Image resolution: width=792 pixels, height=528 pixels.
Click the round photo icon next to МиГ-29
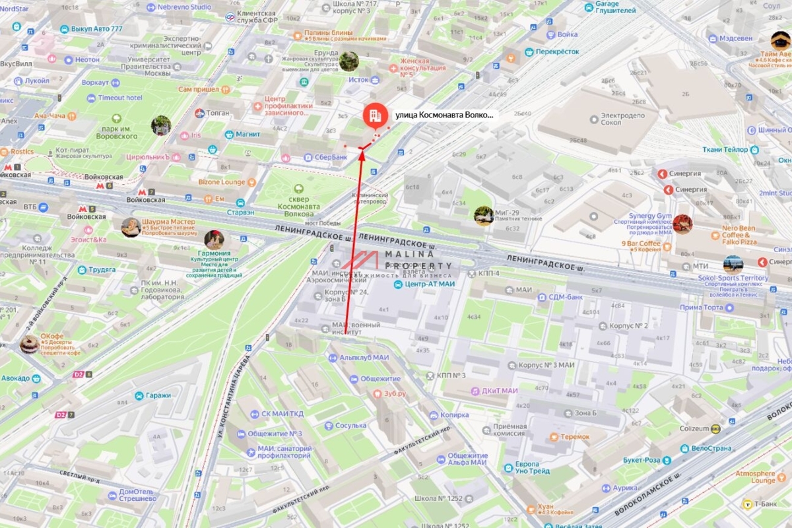pos(483,215)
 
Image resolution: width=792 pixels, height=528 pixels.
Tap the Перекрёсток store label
pos(557,51)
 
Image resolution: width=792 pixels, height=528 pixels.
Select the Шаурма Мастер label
pos(173,222)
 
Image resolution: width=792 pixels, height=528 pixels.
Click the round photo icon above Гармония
pos(214,239)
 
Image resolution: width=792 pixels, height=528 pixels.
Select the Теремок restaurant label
pos(574,437)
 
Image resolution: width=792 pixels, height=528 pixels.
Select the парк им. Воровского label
pos(119,131)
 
